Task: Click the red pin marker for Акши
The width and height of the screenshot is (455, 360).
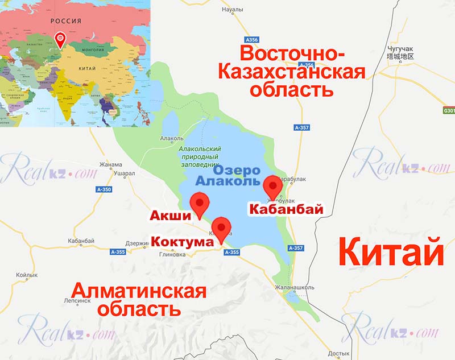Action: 199,204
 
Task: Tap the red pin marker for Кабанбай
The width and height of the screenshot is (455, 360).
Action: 273,187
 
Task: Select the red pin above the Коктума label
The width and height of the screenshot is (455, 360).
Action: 221,228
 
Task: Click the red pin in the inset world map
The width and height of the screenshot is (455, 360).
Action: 60,39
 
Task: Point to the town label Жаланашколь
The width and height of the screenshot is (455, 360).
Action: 293,287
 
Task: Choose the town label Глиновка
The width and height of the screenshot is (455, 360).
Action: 173,255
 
